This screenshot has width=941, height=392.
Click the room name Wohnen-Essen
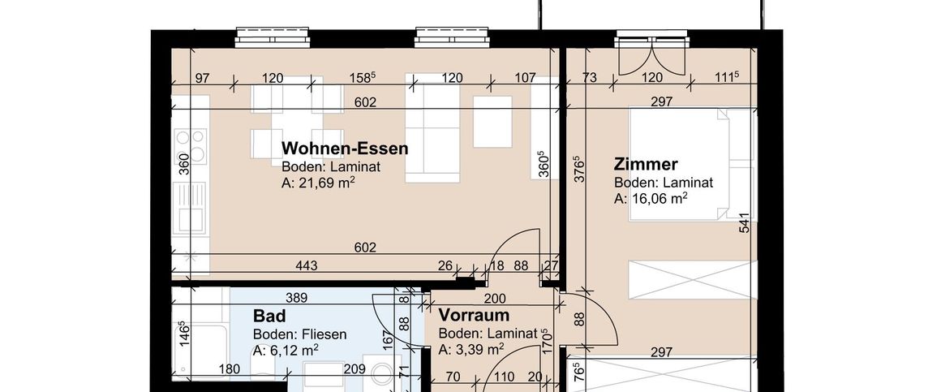pos(344,149)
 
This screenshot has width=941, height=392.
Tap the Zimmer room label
pos(646,165)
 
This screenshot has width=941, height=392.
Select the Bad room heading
pos(269,315)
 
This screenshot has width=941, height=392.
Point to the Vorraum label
pos(473,315)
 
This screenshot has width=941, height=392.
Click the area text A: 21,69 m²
pos(319,183)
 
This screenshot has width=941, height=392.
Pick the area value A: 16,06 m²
pos(651,199)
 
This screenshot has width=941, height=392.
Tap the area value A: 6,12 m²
pos(285,351)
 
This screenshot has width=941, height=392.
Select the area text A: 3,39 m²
pos(470,350)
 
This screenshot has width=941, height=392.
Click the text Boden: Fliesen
pos(299,334)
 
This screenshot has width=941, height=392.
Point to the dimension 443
pos(306,265)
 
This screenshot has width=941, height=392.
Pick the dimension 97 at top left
pos(203,78)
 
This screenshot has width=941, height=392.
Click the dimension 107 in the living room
pos(526,78)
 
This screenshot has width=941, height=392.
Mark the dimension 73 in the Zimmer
pos(590,78)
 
